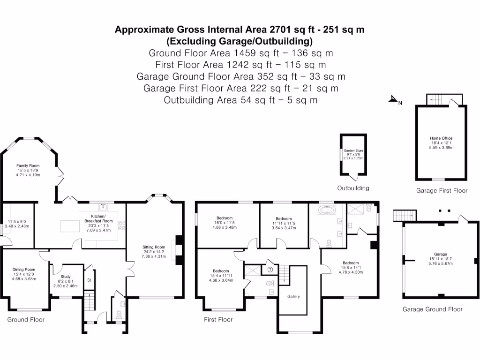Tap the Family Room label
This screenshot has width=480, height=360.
click(x=28, y=165)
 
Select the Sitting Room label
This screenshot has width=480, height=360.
click(x=154, y=247)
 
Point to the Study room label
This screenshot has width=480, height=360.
click(x=66, y=277)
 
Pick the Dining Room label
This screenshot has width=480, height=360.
click(x=24, y=270)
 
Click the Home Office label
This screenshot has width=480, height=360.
click(x=441, y=138)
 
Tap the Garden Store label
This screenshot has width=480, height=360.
click(x=353, y=150)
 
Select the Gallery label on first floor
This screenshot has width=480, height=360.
click(x=293, y=296)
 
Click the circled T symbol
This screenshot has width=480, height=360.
click(x=270, y=270)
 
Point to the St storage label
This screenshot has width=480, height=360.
click(x=89, y=280)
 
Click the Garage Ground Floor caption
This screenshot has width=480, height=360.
click(x=433, y=309)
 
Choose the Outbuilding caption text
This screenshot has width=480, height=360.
click(x=353, y=188)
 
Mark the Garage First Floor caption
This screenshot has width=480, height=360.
click(x=442, y=191)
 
